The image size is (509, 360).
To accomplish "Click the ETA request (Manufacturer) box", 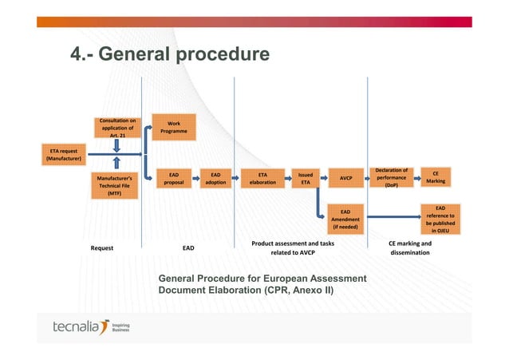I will [64, 153].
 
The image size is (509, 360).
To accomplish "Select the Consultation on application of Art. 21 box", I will [116, 128].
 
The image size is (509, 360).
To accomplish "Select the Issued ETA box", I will [305, 178].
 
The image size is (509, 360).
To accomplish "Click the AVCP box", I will [346, 178].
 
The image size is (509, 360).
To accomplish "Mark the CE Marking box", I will [436, 176].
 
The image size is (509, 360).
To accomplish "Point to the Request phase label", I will [101, 248].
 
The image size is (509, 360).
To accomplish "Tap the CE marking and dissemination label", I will [409, 248].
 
